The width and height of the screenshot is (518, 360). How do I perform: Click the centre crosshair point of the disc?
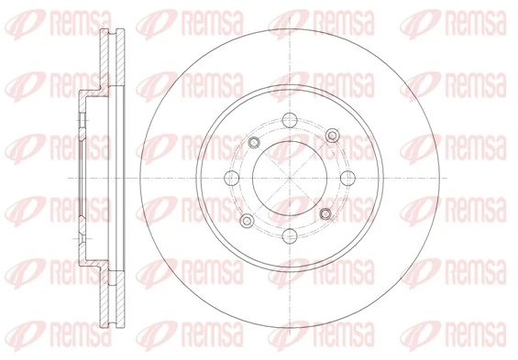pyautogui.click(x=288, y=177)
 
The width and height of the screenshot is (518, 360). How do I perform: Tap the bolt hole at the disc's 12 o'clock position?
pyautogui.click(x=288, y=118)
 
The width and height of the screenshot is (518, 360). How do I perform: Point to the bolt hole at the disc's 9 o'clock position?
pyautogui.click(x=230, y=177)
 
